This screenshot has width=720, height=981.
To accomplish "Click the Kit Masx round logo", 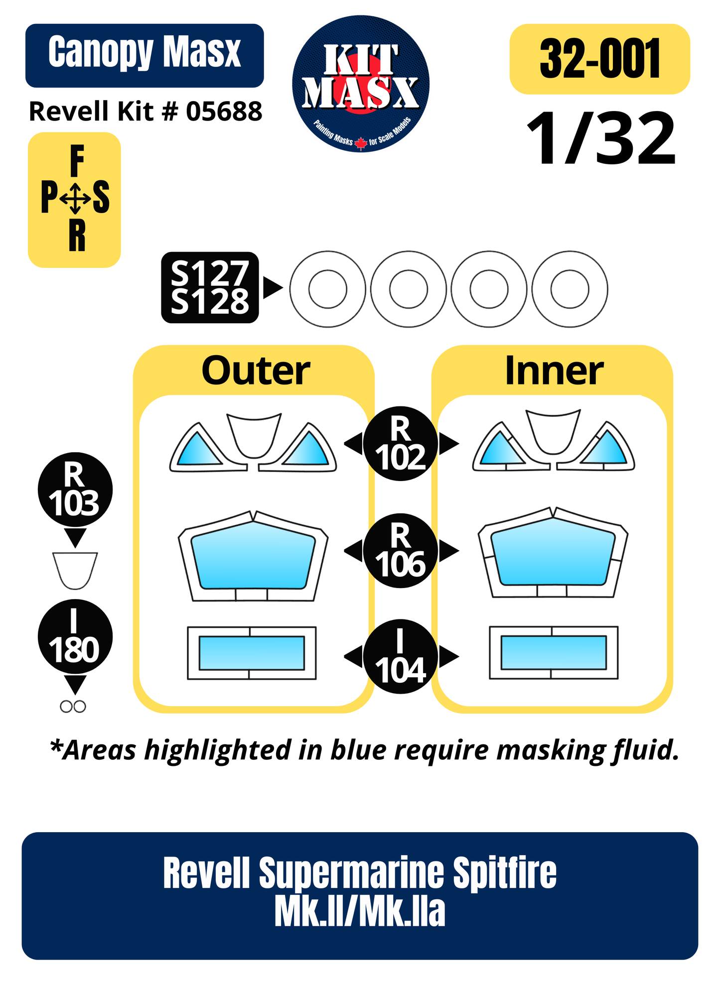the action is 361,84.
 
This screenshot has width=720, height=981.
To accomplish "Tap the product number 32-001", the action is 600,59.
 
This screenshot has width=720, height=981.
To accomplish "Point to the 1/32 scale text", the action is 601,138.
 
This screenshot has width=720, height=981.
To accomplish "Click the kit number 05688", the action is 224,111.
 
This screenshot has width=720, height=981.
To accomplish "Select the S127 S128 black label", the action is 210,287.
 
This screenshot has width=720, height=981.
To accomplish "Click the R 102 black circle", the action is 401,444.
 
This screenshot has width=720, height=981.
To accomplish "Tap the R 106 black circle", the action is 401,551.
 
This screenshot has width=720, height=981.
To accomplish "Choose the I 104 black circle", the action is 401,657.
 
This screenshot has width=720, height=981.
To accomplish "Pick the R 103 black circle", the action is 75,490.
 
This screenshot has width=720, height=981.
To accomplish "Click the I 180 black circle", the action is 75,637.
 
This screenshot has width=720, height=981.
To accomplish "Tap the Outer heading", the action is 256,371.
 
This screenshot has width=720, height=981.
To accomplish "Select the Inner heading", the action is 554,371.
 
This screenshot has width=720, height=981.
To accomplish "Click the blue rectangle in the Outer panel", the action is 252,653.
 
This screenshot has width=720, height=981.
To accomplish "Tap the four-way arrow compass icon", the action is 75,198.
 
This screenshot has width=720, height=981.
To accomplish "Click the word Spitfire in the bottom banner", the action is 504,873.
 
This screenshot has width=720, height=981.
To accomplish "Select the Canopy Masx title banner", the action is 144,56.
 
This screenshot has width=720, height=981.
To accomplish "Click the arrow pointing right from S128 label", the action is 273,288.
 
